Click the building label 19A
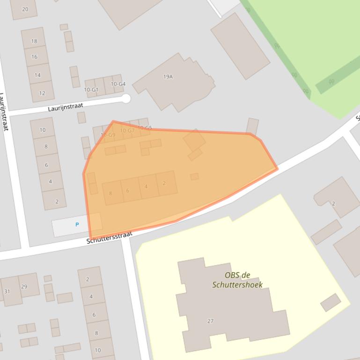168,77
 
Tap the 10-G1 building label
91,90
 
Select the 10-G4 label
118,84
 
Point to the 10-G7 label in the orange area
127,130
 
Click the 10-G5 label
145,128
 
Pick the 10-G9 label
108,135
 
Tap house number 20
25,9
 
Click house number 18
34,41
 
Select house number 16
34,57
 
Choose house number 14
37,75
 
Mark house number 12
42,93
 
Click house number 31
7,291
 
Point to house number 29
24,287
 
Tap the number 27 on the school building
210,321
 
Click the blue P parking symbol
77,225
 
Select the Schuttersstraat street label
110,238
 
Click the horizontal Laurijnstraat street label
66,107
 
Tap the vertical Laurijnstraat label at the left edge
4,111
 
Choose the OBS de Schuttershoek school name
237,280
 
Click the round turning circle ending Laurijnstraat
125,98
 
